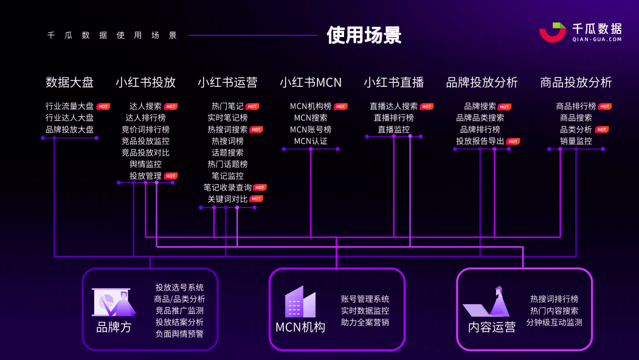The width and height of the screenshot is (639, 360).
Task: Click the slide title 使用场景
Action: [364, 35]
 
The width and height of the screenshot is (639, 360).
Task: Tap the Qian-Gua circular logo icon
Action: [553, 32]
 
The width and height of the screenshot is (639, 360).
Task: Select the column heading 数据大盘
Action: [70, 82]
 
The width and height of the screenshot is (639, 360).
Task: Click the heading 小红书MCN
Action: [311, 82]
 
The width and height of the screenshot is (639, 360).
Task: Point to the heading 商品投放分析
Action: [576, 82]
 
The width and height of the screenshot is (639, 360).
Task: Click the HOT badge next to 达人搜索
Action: [171, 106]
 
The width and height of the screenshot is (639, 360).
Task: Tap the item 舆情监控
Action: [145, 164]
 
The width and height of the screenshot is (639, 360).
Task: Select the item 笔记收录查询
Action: [227, 187]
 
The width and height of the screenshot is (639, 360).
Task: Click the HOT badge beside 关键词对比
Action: [257, 199]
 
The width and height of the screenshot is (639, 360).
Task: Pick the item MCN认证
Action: [311, 141]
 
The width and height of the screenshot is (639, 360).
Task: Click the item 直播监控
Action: [393, 130]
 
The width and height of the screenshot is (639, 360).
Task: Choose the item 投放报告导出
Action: [480, 141]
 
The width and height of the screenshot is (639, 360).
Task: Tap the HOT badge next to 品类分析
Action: [602, 130]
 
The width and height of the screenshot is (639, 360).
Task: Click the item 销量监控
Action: [576, 141]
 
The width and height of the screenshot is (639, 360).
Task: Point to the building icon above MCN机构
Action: [300, 302]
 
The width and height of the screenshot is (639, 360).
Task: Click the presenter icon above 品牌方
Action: [114, 302]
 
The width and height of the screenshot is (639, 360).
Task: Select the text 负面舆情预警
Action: [179, 333]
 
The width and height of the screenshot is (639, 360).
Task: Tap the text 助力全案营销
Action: [365, 322]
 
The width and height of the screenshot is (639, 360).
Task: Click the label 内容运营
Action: [492, 327]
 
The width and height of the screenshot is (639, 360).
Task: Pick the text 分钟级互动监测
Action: [554, 322]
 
